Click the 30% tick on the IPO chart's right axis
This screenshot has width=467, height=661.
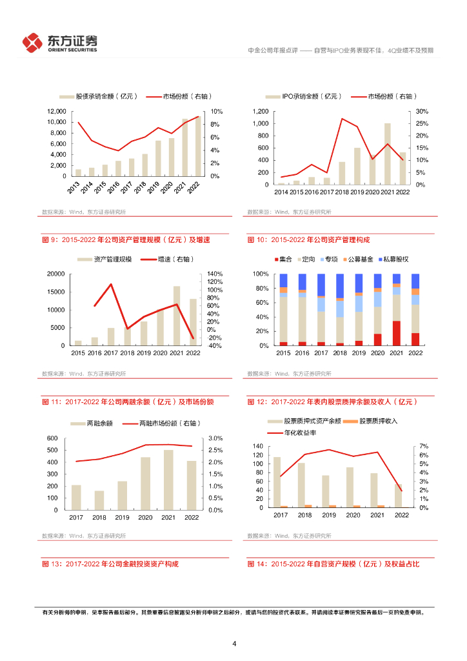pos(422,112)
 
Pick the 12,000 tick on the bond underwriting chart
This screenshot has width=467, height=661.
pos(55,112)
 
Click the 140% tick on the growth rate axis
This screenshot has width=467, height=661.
pos(215,274)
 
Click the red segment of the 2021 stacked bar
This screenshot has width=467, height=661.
pos(396,333)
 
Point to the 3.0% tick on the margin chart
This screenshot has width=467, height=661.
pos(215,438)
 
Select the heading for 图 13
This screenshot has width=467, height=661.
pos(110,564)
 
